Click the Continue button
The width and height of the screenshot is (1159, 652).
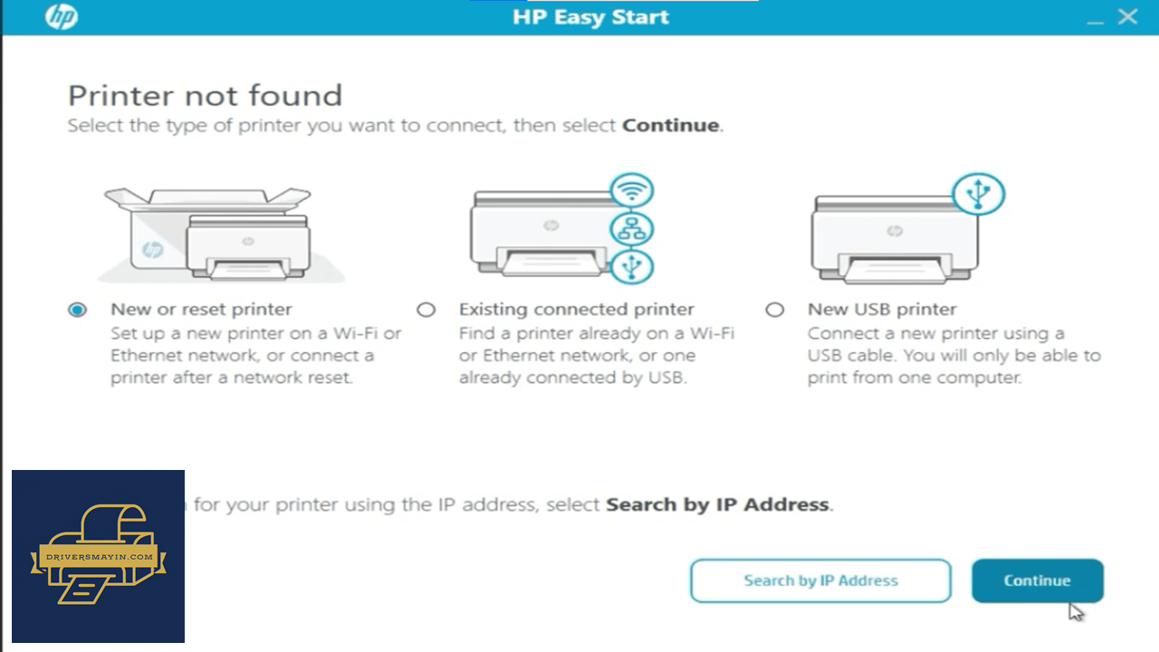[x=1038, y=580]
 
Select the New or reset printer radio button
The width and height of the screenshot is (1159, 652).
[x=78, y=310]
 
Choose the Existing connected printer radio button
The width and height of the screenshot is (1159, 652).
[x=426, y=310]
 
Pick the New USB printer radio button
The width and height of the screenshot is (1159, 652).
[x=774, y=310]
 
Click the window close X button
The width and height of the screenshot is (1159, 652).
[x=1127, y=17]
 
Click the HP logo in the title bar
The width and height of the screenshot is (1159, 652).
[x=62, y=17]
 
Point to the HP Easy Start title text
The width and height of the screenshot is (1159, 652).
[x=590, y=17]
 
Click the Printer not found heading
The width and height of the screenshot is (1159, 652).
[x=205, y=96]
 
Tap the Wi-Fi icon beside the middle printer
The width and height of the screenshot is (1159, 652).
[x=632, y=190]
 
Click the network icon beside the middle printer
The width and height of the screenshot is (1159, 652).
[x=632, y=229]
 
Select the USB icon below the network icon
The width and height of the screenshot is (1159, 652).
[x=632, y=266]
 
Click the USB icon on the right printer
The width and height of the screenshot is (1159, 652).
[x=978, y=194]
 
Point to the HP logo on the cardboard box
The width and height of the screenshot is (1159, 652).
[x=153, y=250]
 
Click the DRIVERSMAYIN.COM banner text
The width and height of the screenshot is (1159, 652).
[x=100, y=557]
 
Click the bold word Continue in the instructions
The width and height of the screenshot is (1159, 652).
[x=671, y=125]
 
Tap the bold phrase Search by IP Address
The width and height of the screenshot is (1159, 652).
[x=718, y=504]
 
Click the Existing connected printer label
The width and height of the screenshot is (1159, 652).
[x=577, y=310]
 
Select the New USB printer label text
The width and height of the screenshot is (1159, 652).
[x=882, y=310]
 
